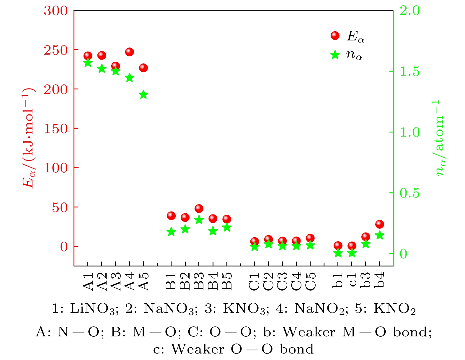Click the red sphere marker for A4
point(130,52)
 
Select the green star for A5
point(143,95)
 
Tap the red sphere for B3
point(199,209)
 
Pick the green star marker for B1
point(171,232)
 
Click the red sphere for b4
point(380,224)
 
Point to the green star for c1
point(352,253)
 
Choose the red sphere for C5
point(310,238)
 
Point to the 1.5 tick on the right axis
point(410,71)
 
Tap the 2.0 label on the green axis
point(410,11)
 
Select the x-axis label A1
point(88,282)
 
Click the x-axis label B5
point(227,282)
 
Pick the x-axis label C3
point(283,282)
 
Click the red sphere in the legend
point(335,36)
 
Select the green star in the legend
point(335,55)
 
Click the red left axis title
point(29,138)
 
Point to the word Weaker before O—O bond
point(198,349)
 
